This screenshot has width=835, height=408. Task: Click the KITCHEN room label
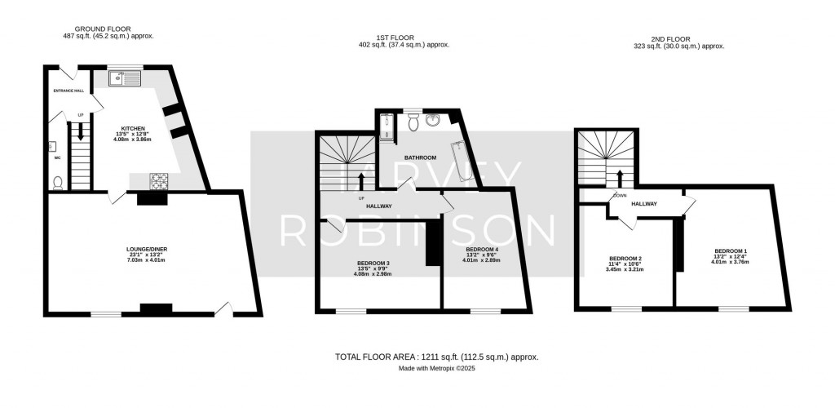coord(133,129)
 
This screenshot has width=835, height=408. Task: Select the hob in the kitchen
coord(157,181)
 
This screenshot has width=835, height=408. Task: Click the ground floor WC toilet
coord(57,183)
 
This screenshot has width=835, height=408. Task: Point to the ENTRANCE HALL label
coord(69,91)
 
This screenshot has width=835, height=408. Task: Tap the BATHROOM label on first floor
coord(421,157)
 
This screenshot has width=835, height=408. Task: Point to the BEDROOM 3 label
coord(372,263)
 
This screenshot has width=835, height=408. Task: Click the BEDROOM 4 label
coord(482,249)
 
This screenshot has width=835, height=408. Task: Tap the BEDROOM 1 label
coord(731,251)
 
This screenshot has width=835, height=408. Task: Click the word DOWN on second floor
coord(621,195)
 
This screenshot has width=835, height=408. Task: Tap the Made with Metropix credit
coord(436,369)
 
